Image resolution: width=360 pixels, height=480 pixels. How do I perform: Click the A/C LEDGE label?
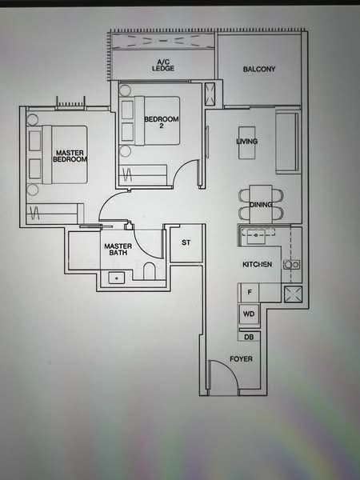click(x=163, y=65)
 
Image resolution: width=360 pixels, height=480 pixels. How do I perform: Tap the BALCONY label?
click(x=259, y=70)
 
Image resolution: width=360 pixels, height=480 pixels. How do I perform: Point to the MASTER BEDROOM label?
click(x=70, y=155)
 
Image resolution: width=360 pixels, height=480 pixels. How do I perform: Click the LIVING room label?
click(x=247, y=142)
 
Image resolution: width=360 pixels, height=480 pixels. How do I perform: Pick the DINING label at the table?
click(x=261, y=206)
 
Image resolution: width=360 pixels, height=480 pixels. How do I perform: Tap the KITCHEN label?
click(x=258, y=264)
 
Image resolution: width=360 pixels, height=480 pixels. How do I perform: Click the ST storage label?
click(x=186, y=242)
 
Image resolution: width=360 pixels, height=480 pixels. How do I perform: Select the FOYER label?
click(x=241, y=359)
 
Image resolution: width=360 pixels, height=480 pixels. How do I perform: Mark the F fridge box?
click(x=250, y=294)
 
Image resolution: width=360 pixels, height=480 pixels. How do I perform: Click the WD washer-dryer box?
click(x=249, y=314)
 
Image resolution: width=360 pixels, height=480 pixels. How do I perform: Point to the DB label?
click(x=249, y=338)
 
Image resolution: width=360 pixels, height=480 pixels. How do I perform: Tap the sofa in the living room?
click(x=286, y=142)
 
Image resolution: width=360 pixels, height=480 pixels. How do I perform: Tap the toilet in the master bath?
click(x=149, y=271)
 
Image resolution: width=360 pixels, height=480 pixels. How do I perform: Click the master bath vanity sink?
click(x=117, y=278)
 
